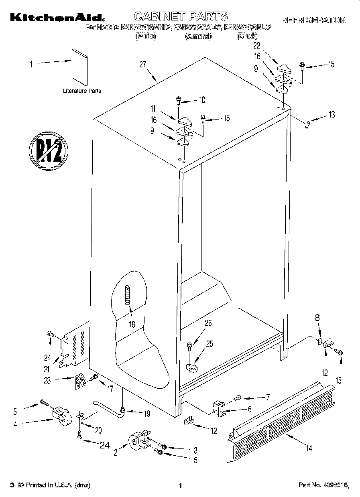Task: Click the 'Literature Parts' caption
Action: (x=82, y=91)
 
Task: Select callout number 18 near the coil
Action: (x=132, y=324)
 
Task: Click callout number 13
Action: (x=331, y=115)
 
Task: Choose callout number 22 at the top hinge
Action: (x=257, y=46)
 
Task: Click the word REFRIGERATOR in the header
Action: (x=313, y=20)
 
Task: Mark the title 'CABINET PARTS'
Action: (x=180, y=16)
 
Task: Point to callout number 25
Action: (x=209, y=343)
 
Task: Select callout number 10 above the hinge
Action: (x=201, y=99)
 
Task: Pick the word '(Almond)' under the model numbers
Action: (x=198, y=37)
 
